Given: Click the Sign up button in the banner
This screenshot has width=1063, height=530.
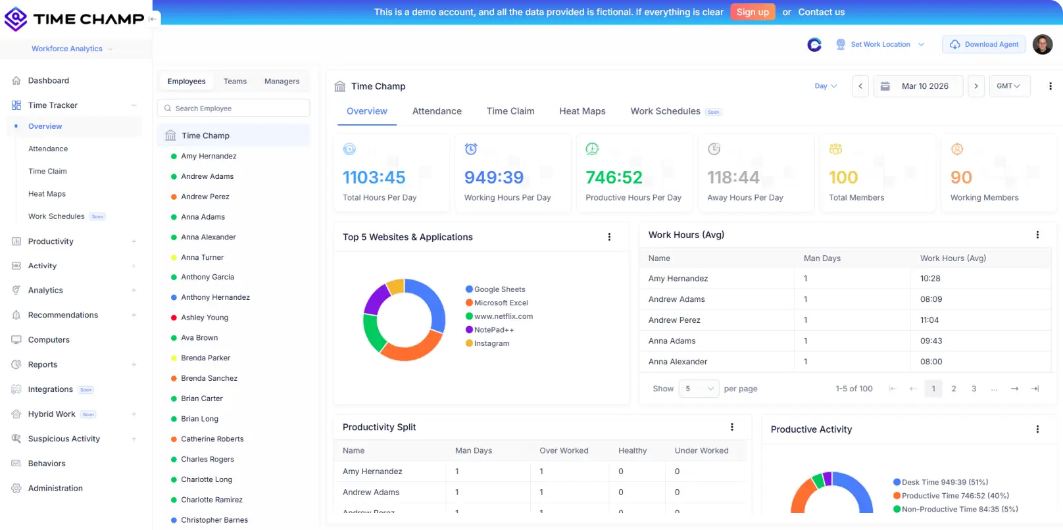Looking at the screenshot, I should point(753,12).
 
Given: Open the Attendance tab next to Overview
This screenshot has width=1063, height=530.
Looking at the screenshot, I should point(437,111).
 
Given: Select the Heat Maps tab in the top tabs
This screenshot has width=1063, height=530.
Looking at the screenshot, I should point(582,111).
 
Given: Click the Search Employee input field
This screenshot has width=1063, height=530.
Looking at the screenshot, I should point(234,108).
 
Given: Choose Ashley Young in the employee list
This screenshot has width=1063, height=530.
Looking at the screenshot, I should point(205,318).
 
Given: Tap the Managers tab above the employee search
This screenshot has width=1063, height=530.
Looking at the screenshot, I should point(282,82).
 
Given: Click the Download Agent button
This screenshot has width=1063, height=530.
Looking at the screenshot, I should point(984,45).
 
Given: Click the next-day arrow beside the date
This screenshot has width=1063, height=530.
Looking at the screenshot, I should point(976,86).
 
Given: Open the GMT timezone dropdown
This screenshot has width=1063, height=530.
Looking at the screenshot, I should point(1009,86).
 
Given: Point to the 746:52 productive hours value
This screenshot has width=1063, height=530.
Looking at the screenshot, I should point(614,178).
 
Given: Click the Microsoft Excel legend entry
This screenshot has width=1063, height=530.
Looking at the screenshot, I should point(501,303).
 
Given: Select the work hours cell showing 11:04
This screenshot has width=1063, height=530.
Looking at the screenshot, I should point(929,320).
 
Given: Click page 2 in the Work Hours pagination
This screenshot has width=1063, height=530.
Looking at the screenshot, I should point(954,389).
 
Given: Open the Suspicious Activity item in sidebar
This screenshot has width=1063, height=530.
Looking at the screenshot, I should point(64,439).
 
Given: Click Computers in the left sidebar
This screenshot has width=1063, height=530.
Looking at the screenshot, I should point(49,340).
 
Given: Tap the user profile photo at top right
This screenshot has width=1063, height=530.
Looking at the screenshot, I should point(1043,45).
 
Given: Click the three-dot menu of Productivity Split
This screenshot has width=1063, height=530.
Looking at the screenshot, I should point(732,427).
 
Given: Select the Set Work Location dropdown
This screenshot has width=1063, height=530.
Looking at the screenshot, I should point(880,45).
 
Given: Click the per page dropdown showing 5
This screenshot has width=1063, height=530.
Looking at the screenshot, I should point(699,389).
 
